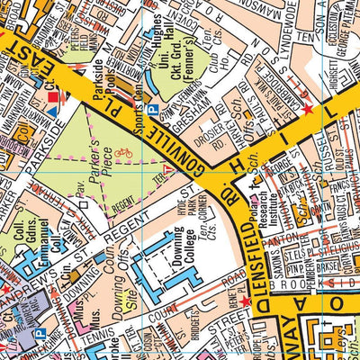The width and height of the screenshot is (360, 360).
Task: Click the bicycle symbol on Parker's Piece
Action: point(123,154)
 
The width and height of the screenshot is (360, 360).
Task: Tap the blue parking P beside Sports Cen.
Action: point(152,109)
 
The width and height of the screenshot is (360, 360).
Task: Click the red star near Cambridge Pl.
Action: point(308,110)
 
